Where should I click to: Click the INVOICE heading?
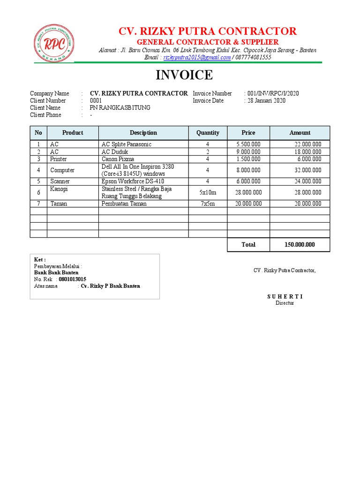(184, 75)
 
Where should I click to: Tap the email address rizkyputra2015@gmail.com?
(197, 57)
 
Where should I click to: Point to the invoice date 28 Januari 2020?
(266, 101)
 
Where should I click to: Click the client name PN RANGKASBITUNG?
(120, 108)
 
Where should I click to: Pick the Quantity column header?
(208, 133)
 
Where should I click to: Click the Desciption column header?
(143, 133)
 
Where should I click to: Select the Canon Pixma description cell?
(118, 159)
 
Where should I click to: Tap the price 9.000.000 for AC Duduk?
(248, 152)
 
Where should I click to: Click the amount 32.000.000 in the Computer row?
(307, 170)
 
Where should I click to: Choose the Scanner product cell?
(60, 181)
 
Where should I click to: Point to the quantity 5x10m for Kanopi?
(208, 192)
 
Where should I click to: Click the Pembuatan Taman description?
(124, 203)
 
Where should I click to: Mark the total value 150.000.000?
(300, 245)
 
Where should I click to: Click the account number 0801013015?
(72, 279)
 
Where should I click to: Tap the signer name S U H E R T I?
(285, 296)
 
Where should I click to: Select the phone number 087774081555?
(253, 57)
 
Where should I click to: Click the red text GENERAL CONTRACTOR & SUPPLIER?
(207, 42)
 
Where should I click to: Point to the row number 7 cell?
(38, 203)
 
